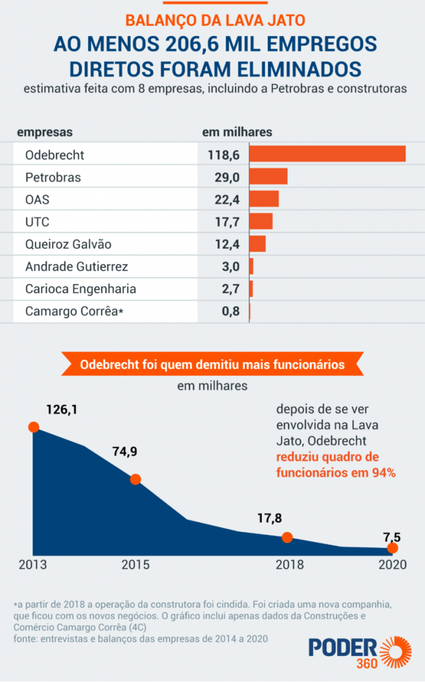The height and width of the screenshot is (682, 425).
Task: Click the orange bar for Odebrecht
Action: tap(327, 154)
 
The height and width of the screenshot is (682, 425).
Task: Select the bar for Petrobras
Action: tap(268, 176)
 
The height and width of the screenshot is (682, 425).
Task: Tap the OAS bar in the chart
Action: tap(264, 199)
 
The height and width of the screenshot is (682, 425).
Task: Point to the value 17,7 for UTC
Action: tap(226, 222)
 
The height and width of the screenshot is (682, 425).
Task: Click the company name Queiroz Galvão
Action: tap(68, 244)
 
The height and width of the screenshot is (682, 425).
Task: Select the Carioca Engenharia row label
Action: tap(80, 289)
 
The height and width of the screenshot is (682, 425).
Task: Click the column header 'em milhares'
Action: tap(236, 132)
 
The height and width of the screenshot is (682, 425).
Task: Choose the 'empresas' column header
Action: tap(45, 132)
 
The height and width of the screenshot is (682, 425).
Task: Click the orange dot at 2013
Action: tap(33, 427)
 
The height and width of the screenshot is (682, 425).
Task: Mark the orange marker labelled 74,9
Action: tap(135, 479)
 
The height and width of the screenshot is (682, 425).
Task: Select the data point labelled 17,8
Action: tap(287, 537)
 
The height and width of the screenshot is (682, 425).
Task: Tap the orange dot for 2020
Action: tap(392, 548)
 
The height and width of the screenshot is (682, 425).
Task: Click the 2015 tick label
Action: tap(135, 565)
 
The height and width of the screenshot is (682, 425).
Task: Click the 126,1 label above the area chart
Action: tap(61, 410)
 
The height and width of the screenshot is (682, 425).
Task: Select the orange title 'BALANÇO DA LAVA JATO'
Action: tap(213, 20)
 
